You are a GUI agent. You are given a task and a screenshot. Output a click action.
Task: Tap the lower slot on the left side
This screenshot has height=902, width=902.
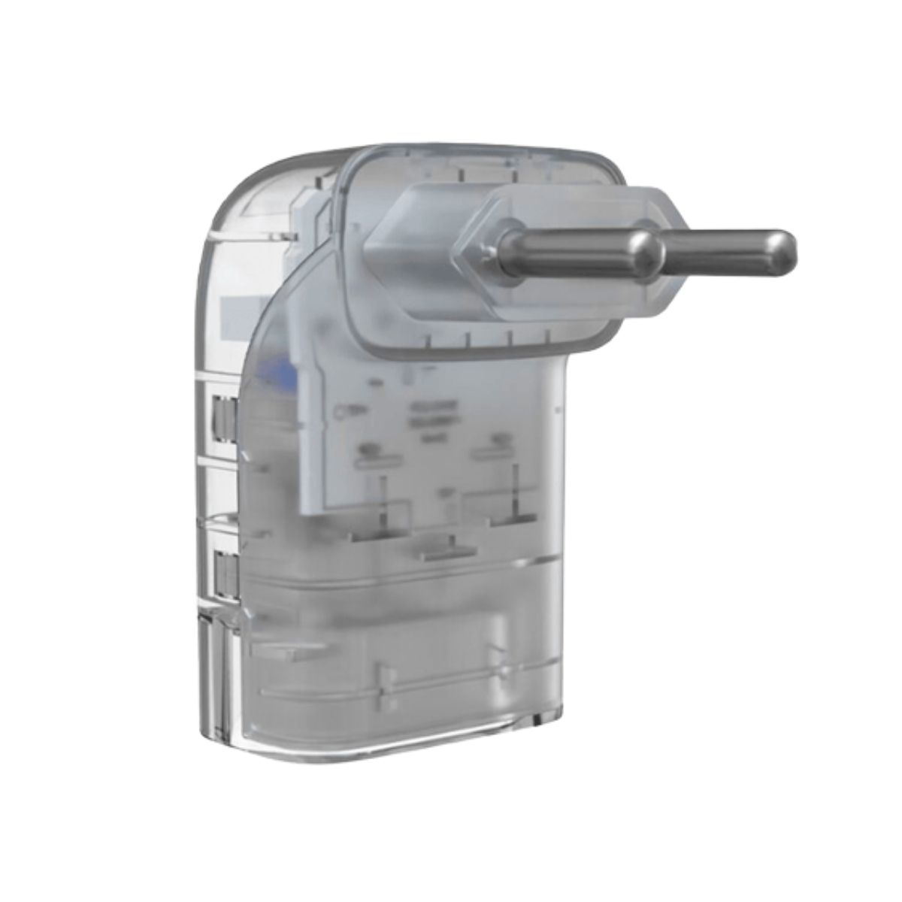223,571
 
